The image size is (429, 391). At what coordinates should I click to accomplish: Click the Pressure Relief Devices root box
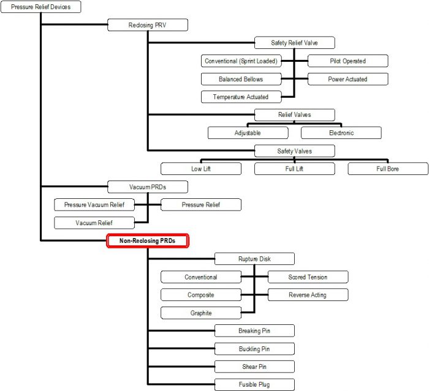(40, 7)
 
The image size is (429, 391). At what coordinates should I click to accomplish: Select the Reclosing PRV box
(147, 25)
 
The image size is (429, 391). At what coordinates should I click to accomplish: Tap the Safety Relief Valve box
(294, 43)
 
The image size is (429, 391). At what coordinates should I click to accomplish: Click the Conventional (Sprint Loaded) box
(241, 61)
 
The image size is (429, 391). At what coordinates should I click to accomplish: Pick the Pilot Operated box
(347, 61)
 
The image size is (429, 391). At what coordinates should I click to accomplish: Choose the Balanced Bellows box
(241, 79)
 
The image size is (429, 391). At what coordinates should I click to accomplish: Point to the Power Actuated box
(347, 79)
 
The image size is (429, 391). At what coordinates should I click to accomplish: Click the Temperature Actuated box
(241, 97)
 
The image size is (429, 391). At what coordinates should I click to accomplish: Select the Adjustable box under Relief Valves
(248, 133)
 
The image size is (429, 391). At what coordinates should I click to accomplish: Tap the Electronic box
(341, 133)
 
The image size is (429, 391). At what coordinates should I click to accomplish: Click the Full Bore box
(388, 168)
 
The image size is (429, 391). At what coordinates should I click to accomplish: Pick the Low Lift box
(201, 168)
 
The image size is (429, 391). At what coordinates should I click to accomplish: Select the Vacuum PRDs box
(147, 187)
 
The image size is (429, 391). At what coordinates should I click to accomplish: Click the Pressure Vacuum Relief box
(94, 204)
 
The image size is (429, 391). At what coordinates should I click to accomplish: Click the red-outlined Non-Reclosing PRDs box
(147, 241)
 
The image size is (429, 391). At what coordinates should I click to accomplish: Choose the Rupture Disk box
(254, 259)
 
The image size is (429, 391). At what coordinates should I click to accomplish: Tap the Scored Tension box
(308, 277)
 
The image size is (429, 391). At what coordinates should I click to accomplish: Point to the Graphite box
(200, 313)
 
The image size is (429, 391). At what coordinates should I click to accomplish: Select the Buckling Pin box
(254, 349)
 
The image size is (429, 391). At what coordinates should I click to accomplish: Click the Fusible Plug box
(254, 385)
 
